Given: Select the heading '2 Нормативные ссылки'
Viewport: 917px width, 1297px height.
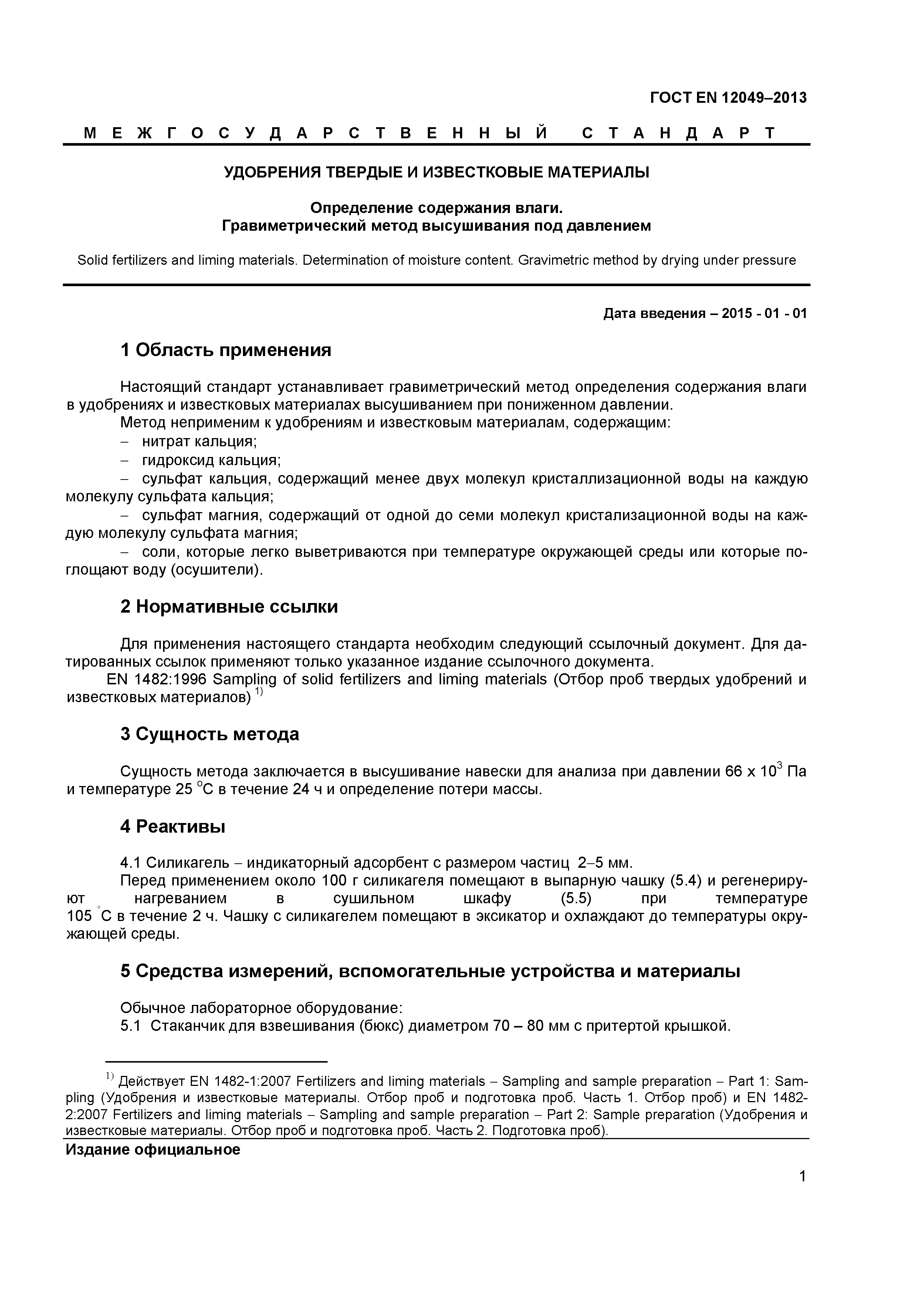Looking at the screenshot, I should point(229,607).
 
